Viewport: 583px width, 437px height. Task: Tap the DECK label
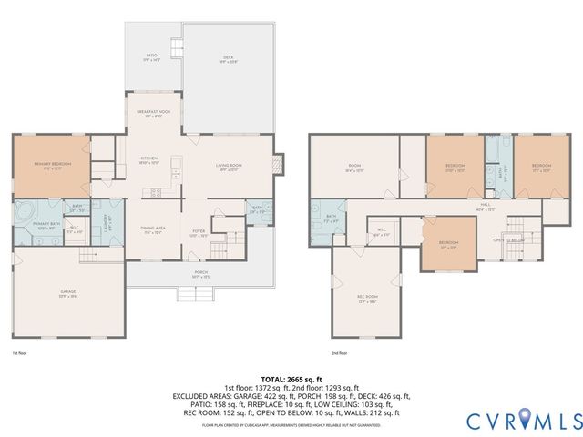click(228, 59)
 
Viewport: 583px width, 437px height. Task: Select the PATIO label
click(152, 58)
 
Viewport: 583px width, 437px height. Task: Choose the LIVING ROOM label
click(227, 167)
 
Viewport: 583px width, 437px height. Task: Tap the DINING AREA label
click(152, 231)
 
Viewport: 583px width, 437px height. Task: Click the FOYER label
click(198, 231)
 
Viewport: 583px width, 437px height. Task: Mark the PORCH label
click(200, 272)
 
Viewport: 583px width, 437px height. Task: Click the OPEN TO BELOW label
click(506, 239)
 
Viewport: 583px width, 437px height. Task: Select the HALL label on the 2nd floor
click(486, 207)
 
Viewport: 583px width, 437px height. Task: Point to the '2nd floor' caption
click(340, 353)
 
